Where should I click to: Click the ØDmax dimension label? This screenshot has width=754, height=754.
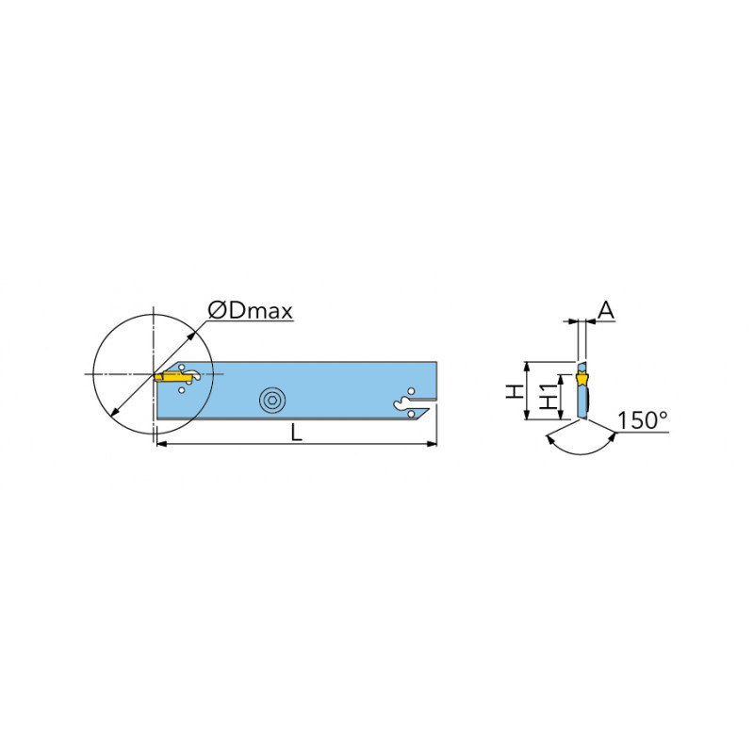tap(250, 311)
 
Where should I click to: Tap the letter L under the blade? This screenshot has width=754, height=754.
tap(297, 434)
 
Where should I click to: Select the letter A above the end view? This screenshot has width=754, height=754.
tap(606, 310)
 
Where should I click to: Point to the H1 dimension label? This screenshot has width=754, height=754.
tap(549, 397)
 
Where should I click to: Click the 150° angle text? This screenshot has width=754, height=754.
tap(643, 419)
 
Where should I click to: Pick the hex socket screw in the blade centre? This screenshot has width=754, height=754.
tap(272, 400)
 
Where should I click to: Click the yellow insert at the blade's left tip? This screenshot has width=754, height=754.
tap(173, 376)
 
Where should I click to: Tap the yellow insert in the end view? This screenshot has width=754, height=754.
tap(582, 379)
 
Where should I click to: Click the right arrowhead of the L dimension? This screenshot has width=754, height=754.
tap(433, 443)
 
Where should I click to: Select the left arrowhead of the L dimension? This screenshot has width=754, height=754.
tap(162, 443)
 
